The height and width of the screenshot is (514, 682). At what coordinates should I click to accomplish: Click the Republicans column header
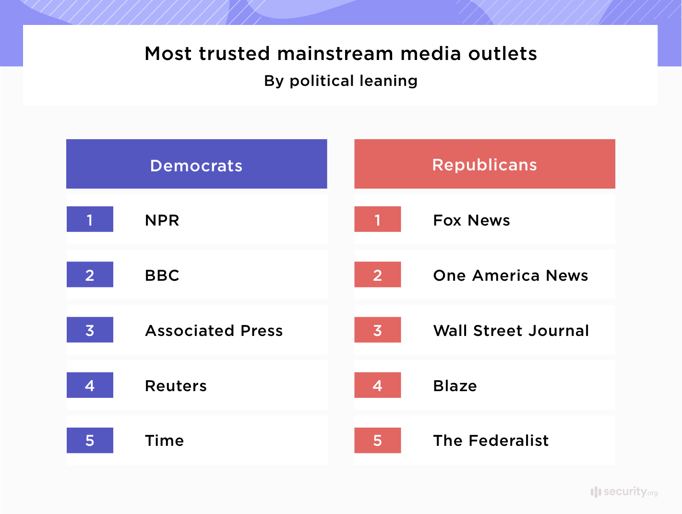pos(484,165)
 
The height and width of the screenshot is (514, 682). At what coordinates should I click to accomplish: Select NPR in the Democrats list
pos(162,220)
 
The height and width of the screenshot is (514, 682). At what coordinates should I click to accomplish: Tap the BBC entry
pos(162,275)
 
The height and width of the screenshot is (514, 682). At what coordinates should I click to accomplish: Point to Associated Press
pos(214,331)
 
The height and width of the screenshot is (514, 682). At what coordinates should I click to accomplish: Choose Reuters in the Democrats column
pos(176,386)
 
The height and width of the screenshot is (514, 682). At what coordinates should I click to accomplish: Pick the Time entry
pos(164,441)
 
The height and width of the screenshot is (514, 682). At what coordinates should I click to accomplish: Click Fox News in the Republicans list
pos(471,220)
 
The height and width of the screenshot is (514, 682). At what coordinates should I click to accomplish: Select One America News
pos(510,275)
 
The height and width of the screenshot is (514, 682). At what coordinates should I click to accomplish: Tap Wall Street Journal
pos(511,331)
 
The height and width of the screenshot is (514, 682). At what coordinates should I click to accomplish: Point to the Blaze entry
pos(455,386)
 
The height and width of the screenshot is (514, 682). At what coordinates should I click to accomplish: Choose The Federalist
pos(491,441)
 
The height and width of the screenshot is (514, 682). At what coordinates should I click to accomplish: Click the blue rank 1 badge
pos(90,219)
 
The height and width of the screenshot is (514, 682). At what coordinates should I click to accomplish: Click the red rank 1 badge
pos(378,219)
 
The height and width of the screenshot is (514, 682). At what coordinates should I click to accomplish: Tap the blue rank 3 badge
pos(90,330)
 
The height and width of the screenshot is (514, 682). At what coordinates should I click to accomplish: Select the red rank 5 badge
pos(378,440)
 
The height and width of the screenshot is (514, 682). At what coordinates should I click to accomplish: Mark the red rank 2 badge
pos(378,275)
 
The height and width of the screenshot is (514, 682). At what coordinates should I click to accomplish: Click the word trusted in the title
pos(235,54)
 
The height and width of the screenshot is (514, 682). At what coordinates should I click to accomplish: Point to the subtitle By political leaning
pos(341,81)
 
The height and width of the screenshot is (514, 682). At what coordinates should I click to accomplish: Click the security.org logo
pos(624,491)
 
